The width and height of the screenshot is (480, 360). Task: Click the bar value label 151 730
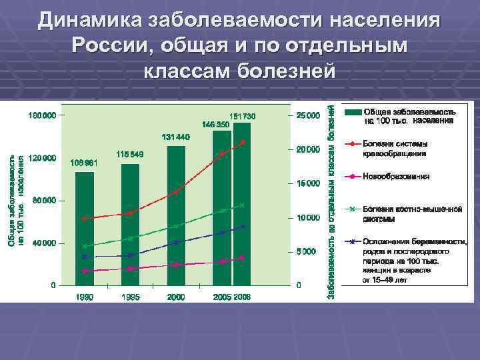coord(243,117)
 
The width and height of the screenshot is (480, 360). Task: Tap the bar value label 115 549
coord(130,154)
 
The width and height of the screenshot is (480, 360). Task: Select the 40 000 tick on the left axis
coord(42,243)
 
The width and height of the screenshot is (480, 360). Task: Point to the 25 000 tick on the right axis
coord(307,115)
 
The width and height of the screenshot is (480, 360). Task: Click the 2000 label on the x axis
coord(176,297)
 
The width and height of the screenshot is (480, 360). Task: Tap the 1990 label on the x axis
coord(84,297)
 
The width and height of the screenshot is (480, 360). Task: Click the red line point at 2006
coord(243,142)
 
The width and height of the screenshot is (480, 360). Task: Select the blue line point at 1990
coord(85,257)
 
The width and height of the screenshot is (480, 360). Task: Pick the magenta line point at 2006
coord(243,258)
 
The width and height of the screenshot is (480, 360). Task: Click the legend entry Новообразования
coord(395,177)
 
